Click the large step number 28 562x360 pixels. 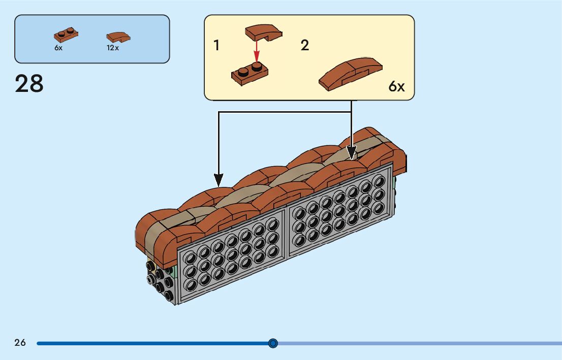[29, 84]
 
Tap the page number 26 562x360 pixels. [20, 343]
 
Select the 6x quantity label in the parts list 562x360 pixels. [58, 48]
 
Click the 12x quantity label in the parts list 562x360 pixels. [112, 48]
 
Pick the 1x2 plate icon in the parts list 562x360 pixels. [66, 36]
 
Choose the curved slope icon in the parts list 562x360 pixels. [118, 37]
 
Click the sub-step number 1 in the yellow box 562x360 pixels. [216, 46]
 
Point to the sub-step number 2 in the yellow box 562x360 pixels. [304, 46]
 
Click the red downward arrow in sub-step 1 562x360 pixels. [257, 51]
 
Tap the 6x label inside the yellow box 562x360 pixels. [396, 87]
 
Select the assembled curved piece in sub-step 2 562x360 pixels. [351, 74]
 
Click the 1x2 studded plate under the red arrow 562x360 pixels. [250, 74]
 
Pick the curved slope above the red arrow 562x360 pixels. [263, 33]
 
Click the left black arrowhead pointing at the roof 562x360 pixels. [218, 179]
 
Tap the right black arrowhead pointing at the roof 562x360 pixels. [351, 152]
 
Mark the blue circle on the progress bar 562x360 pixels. [273, 343]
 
